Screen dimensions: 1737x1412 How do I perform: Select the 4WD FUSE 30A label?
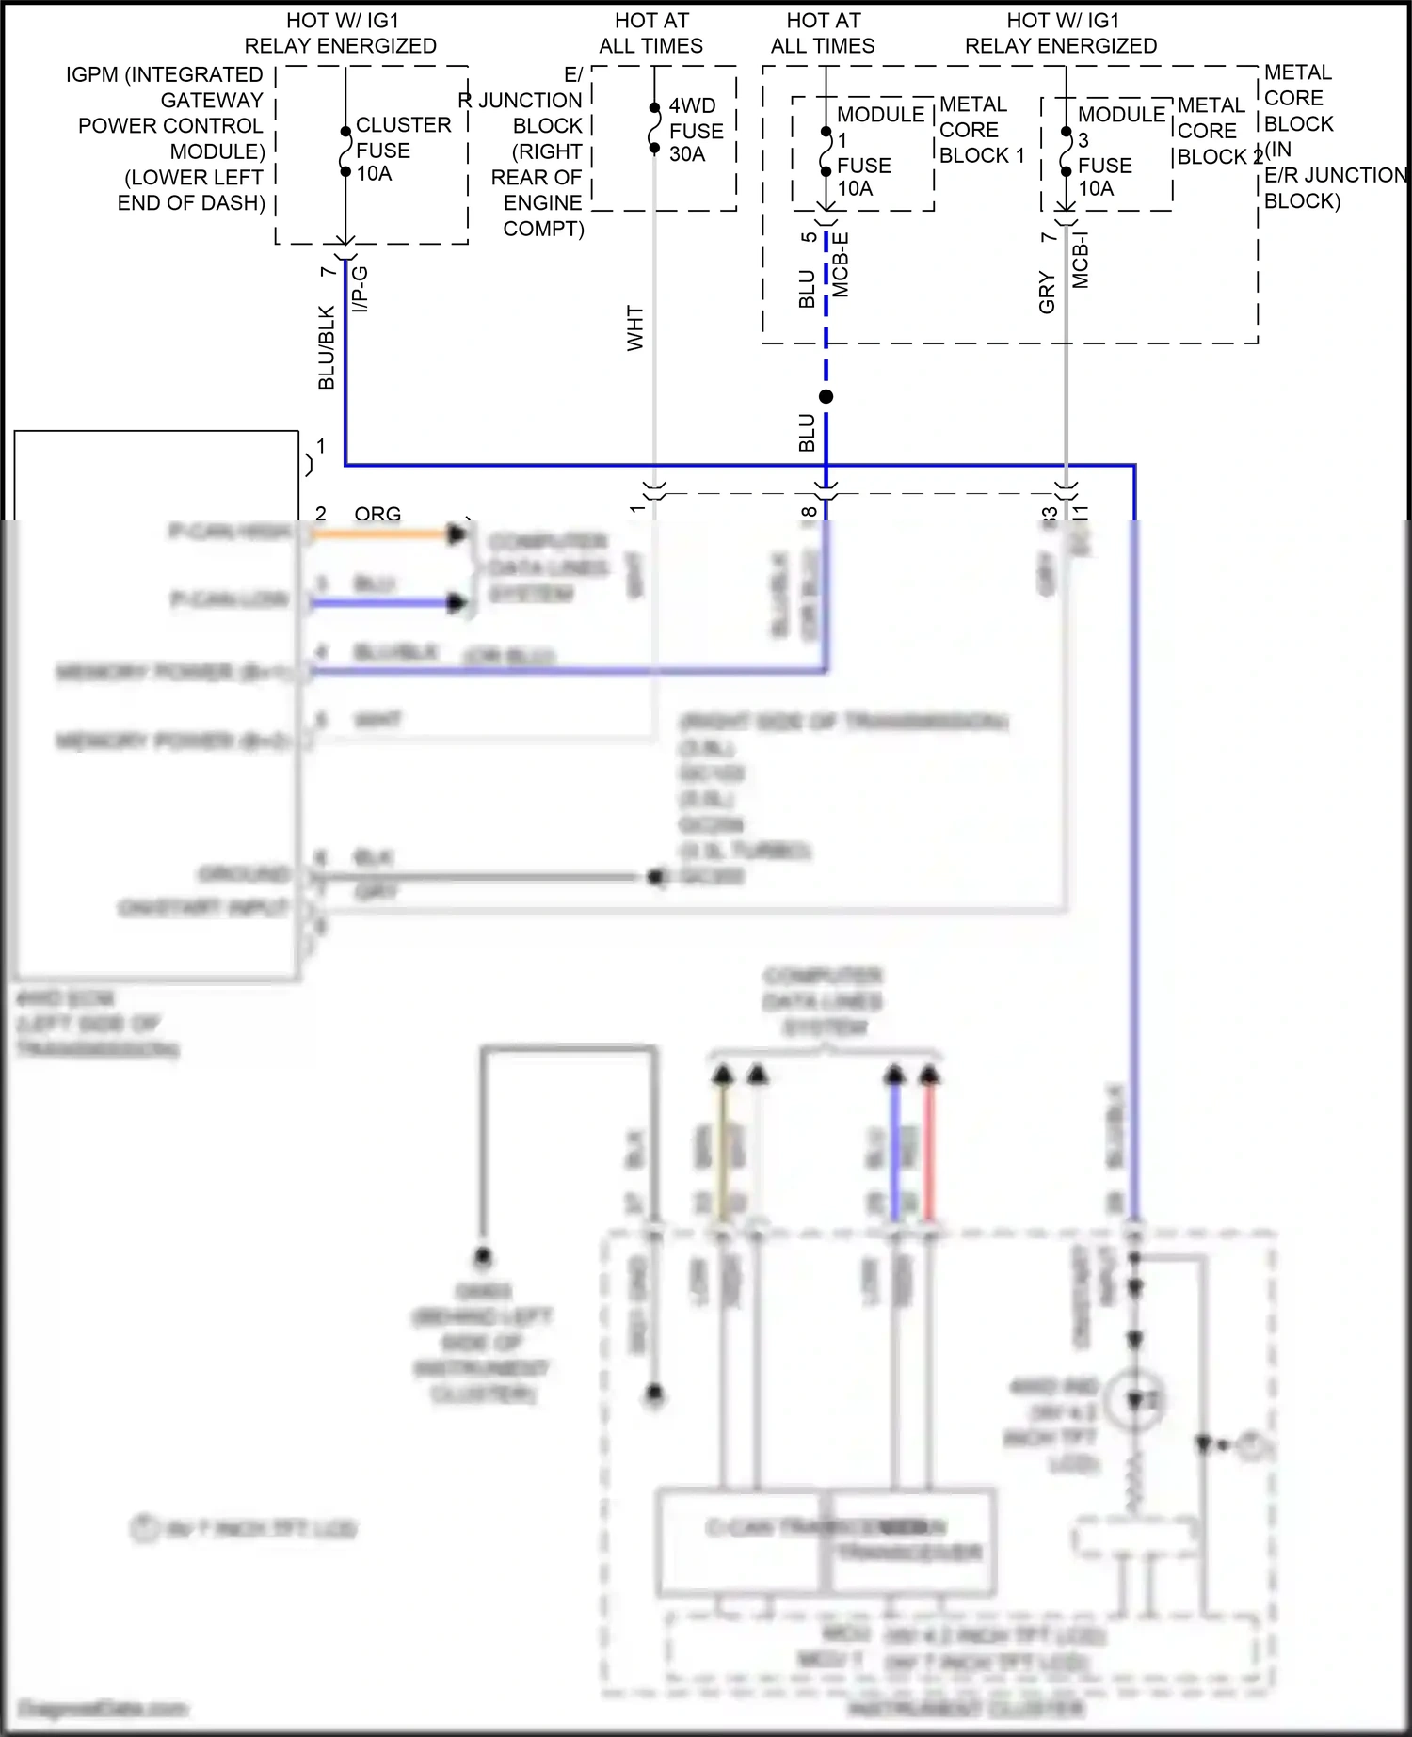[696, 131]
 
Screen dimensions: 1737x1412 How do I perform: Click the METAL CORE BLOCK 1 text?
[981, 130]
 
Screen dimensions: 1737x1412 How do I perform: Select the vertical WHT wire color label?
[635, 328]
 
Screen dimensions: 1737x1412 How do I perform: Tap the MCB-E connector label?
[841, 265]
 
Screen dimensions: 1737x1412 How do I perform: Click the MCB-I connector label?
[1081, 261]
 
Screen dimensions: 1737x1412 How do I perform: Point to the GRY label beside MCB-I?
[1047, 292]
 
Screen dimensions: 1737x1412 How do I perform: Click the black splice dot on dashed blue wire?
[826, 397]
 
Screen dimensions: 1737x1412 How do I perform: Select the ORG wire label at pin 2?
[377, 514]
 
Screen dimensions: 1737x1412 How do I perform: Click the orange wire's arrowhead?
[457, 534]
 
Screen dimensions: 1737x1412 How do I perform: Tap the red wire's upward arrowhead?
[929, 1075]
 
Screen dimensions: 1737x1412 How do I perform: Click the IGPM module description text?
[169, 138]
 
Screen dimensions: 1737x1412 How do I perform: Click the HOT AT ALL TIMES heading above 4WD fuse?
[650, 33]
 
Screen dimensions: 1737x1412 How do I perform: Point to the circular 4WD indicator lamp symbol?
[1135, 1400]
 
